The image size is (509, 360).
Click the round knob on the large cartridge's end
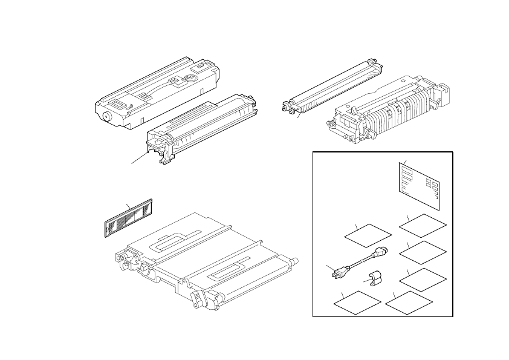pyautogui.click(x=107, y=117)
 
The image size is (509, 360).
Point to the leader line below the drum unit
pyautogui.click(x=139, y=159)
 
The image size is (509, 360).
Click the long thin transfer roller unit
pyautogui.click(x=329, y=85)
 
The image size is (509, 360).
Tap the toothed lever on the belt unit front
pyautogui.click(x=196, y=298)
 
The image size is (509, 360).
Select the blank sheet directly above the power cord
pyautogui.click(x=368, y=235)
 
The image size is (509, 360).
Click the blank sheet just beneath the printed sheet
pyautogui.click(x=423, y=225)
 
